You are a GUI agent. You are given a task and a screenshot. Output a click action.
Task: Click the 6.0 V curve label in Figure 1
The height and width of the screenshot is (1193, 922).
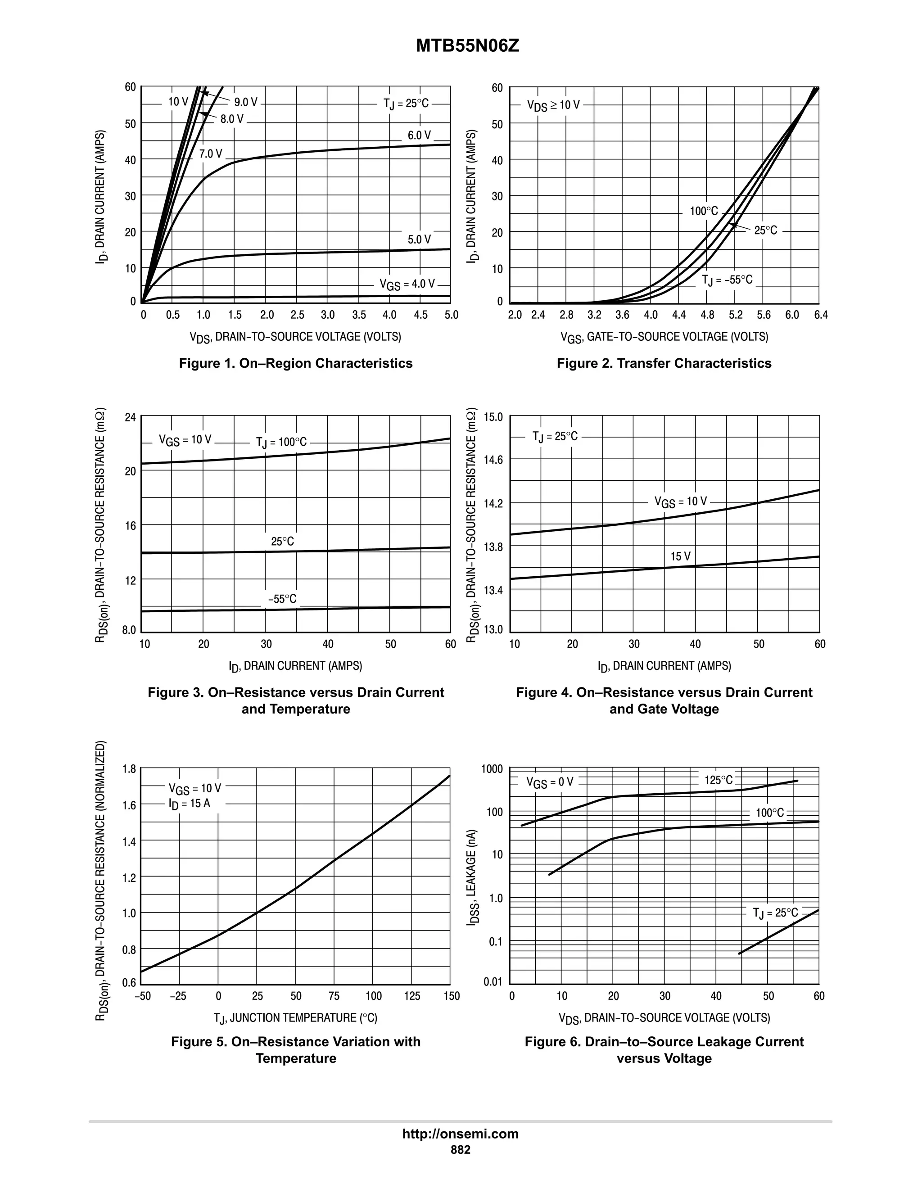419,135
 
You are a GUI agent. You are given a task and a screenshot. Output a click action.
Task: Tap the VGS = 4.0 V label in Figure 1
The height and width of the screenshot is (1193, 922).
407,284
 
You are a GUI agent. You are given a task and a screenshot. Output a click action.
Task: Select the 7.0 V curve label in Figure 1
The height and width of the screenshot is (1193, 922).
210,154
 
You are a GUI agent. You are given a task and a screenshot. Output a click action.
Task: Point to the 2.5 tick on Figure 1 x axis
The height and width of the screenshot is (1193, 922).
297,315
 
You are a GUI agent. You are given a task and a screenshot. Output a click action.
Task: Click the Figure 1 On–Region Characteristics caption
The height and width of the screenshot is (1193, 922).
295,363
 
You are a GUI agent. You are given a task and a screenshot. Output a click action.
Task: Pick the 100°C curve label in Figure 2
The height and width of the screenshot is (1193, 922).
704,211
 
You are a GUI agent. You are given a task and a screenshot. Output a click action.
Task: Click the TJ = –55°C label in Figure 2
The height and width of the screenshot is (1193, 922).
727,280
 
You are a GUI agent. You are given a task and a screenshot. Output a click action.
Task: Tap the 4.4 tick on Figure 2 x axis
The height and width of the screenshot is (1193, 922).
678,315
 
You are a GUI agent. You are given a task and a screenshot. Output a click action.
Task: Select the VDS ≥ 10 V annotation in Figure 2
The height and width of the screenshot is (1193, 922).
553,105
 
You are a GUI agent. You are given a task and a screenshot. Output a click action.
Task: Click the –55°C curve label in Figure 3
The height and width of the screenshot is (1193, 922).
282,599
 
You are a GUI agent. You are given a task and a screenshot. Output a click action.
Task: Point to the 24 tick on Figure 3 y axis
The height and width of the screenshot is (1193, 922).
130,418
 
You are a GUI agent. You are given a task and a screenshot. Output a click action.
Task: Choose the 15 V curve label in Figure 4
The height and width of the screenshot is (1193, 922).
681,556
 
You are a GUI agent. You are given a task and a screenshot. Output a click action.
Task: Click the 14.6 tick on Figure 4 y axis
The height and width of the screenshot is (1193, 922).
493,460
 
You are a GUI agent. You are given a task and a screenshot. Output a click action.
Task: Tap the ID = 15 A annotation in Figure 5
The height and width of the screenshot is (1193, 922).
189,804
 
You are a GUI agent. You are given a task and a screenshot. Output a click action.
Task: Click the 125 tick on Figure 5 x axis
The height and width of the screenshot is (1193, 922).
412,996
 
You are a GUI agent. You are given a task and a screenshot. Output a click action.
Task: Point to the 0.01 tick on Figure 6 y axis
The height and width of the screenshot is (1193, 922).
493,981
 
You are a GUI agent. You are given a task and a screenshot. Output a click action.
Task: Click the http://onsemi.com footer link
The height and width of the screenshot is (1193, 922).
460,1134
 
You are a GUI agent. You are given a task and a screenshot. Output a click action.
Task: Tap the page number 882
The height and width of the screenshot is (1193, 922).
460,1149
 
